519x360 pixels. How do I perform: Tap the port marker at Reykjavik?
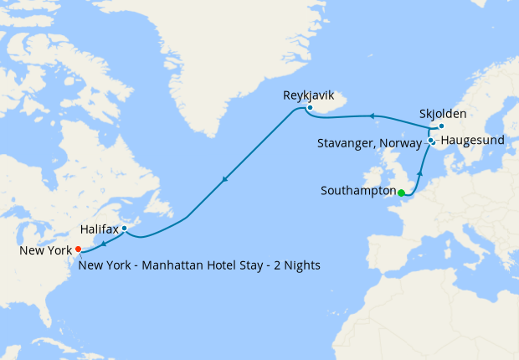pyautogui.click(x=310, y=107)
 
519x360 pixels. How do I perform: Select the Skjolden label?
pyautogui.click(x=443, y=114)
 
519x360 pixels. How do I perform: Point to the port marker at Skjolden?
pyautogui.click(x=441, y=126)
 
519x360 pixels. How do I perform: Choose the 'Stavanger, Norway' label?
pyautogui.click(x=369, y=143)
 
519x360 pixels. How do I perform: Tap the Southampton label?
pyautogui.click(x=357, y=191)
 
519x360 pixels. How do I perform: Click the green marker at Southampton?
pyautogui.click(x=401, y=193)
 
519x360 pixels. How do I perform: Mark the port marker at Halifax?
pyautogui.click(x=124, y=228)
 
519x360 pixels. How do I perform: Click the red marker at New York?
pyautogui.click(x=78, y=249)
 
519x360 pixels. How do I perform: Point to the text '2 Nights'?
pyautogui.click(x=297, y=265)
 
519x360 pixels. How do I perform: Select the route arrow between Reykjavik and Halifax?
pyautogui.click(x=224, y=179)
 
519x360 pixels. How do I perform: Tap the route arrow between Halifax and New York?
pyautogui.click(x=102, y=244)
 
